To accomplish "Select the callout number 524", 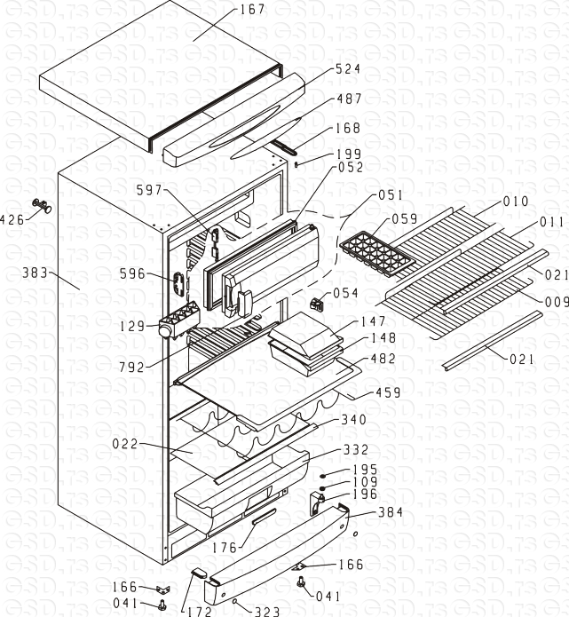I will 348,68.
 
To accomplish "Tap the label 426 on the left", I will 12,219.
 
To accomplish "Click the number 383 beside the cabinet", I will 36,273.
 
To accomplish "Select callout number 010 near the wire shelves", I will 516,202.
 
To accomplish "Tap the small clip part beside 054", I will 316,304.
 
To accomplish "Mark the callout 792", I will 130,365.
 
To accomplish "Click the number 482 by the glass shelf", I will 383,359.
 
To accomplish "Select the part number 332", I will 355,450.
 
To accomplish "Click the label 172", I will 196,612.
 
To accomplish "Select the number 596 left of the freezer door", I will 132,274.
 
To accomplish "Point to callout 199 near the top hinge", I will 349,154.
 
